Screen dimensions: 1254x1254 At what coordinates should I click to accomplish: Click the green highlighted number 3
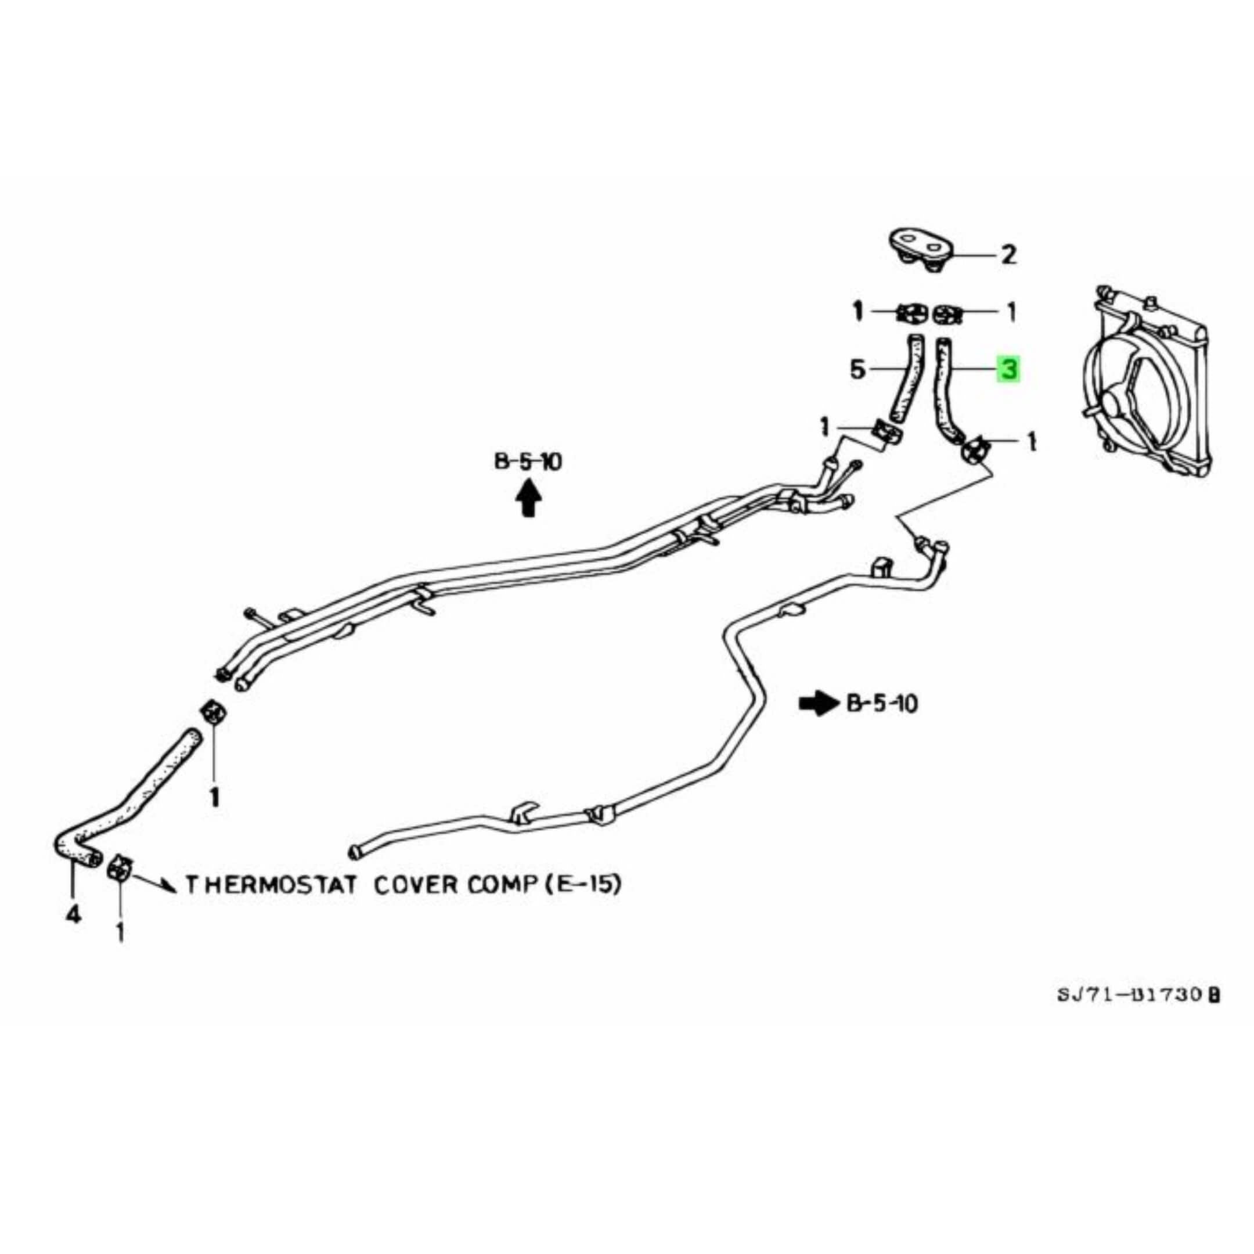click(1008, 370)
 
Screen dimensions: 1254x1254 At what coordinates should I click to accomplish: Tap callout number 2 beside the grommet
click(1008, 254)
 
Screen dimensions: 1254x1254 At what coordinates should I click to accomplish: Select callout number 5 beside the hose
click(858, 370)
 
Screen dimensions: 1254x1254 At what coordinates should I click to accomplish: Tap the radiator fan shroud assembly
click(1145, 383)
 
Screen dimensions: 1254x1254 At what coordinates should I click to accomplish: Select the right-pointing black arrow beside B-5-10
click(819, 703)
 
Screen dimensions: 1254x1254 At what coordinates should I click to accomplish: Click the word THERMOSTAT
click(271, 885)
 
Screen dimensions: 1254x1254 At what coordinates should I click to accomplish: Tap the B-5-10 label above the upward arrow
click(528, 462)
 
